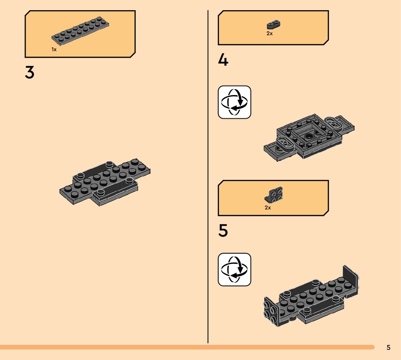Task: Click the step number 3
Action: coord(30,73)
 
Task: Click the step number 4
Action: coord(223,60)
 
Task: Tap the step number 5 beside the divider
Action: coord(223,231)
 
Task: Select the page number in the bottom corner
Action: coord(388,347)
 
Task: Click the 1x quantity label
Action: coord(54,49)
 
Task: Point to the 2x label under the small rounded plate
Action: coord(269,33)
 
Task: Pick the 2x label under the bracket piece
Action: coord(268,208)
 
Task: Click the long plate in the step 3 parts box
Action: coord(80,32)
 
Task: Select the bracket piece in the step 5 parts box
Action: coord(274,195)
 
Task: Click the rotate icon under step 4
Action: coord(234,102)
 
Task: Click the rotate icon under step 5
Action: coord(234,269)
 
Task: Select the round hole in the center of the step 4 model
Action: coord(309,136)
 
